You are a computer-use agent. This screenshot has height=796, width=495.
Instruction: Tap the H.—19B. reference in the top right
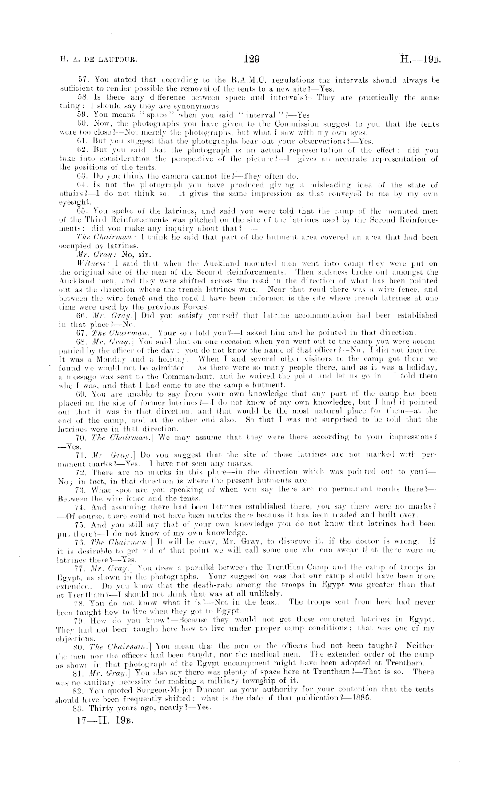(x=419, y=59)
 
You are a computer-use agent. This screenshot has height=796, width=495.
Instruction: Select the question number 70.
(x=82, y=438)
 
